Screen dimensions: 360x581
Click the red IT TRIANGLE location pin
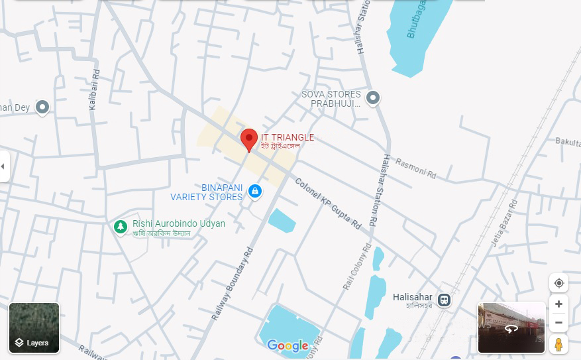point(248,139)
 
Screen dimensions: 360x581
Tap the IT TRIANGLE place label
point(287,137)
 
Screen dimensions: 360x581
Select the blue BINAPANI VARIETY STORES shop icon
point(254,192)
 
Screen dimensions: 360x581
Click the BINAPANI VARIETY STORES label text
point(207,192)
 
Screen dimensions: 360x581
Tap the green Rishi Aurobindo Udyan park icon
point(120,227)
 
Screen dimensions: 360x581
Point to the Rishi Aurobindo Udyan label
point(179,224)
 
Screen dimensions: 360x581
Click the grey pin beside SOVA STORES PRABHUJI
point(373,99)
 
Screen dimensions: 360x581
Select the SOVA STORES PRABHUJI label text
point(331,99)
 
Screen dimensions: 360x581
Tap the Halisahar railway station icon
point(443,299)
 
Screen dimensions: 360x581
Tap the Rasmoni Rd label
point(415,168)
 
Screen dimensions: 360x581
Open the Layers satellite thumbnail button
point(34,328)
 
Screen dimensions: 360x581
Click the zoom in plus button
point(558,304)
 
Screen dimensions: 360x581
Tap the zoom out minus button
point(558,323)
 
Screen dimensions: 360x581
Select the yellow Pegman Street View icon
point(558,344)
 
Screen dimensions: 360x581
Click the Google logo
point(288,345)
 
